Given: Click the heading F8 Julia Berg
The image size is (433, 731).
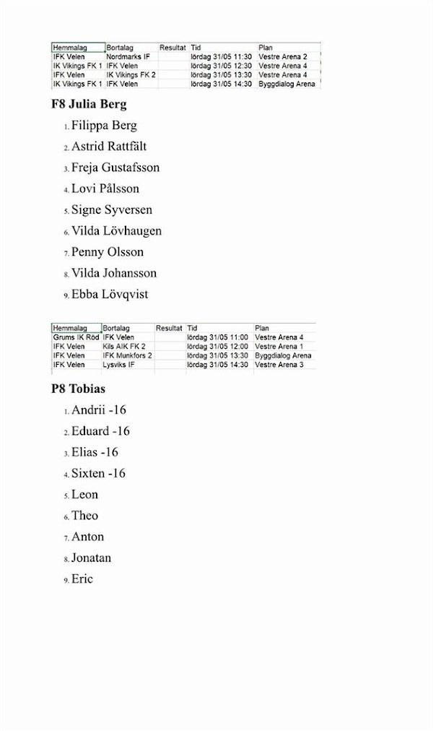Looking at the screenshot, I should (x=89, y=104).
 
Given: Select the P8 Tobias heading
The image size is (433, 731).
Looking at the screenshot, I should (x=78, y=389).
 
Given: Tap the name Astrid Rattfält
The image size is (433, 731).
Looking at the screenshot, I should (x=109, y=147).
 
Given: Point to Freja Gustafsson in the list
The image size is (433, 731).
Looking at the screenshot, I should (x=115, y=168).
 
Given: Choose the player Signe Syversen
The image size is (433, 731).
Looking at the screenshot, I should (x=112, y=210).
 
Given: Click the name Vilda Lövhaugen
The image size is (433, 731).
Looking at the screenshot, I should (x=116, y=231).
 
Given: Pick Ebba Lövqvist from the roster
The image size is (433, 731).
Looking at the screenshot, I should (x=110, y=295).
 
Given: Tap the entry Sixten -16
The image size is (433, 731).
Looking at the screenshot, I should (x=98, y=474).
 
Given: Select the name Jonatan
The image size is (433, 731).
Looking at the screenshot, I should (x=91, y=558).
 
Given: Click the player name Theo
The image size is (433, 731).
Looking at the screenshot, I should (x=84, y=516).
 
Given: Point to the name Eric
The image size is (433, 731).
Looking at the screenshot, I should (x=82, y=579).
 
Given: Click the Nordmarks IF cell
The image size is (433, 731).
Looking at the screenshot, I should (x=128, y=56).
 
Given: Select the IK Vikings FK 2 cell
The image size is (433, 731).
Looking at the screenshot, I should (x=131, y=74).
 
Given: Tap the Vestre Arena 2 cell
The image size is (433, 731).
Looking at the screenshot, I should (x=282, y=56).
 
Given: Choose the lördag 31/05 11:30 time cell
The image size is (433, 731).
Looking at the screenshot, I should (x=221, y=56).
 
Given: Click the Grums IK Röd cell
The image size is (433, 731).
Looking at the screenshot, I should (x=76, y=337).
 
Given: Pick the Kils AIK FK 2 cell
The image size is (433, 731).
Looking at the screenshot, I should (x=124, y=347).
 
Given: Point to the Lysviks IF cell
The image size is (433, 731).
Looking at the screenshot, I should (x=119, y=365).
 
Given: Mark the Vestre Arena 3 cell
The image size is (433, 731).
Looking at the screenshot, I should (x=279, y=365).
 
